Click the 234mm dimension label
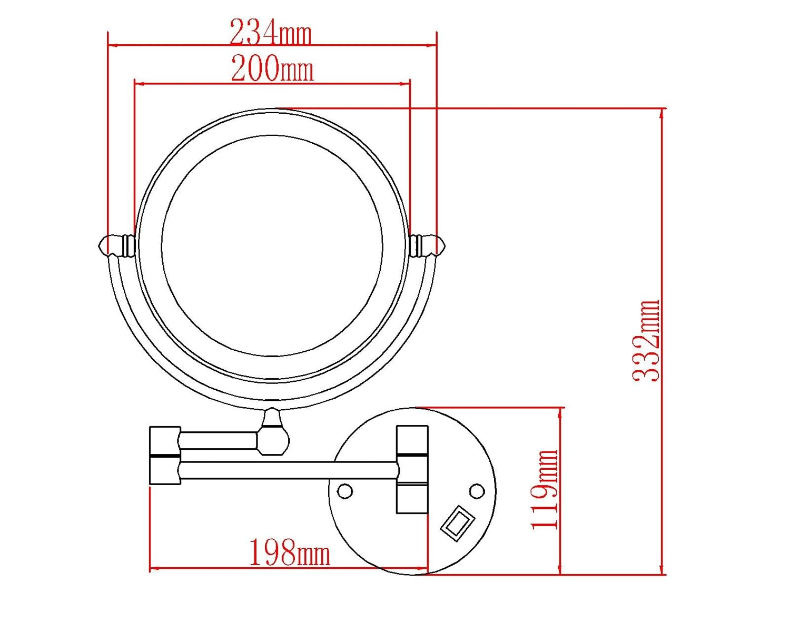(x=271, y=33)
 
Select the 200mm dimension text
(x=272, y=69)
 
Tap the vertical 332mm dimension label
(x=646, y=341)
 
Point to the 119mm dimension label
(x=544, y=490)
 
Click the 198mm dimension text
(x=289, y=552)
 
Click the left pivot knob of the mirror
(x=117, y=245)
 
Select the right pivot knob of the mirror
(x=427, y=245)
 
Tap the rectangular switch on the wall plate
(x=458, y=523)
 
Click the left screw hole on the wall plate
(x=345, y=491)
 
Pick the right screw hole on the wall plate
(x=477, y=491)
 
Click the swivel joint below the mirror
(x=273, y=433)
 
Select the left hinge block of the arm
(x=165, y=455)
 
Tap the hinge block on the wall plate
(x=412, y=469)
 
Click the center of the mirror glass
(x=272, y=246)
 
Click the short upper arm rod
(x=219, y=440)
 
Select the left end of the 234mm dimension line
(x=109, y=45)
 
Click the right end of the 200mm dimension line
(x=410, y=83)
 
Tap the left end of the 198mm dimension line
(x=151, y=568)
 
